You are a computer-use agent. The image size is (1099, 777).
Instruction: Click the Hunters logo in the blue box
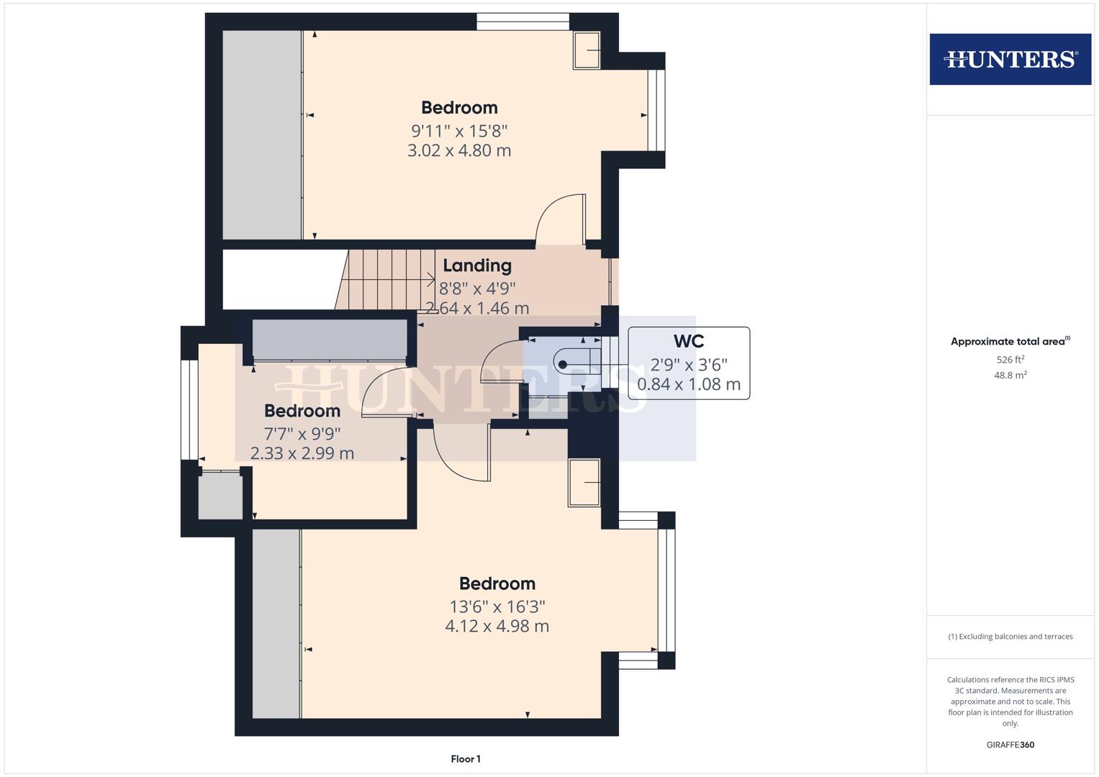(x=1010, y=59)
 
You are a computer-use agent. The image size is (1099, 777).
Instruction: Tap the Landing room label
(x=477, y=265)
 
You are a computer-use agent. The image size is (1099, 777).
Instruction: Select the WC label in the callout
(x=689, y=341)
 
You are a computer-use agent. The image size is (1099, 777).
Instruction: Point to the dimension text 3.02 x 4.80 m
(x=459, y=150)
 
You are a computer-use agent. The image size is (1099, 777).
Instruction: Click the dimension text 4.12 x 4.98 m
(x=497, y=626)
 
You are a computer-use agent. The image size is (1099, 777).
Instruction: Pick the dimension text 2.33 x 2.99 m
(x=302, y=453)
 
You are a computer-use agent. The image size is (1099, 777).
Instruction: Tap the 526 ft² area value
(x=1010, y=360)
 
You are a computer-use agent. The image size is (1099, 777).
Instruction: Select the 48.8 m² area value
(x=1010, y=376)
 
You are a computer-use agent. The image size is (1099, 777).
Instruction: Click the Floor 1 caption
(x=466, y=759)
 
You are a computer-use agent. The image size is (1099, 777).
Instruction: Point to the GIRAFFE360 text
(x=1010, y=745)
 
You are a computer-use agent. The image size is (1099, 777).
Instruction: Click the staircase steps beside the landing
(x=386, y=280)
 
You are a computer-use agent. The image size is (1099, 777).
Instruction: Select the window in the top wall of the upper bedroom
(x=523, y=22)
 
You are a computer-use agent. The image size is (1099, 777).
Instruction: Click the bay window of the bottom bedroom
(x=666, y=591)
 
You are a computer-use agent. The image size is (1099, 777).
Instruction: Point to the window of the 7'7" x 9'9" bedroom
(x=189, y=410)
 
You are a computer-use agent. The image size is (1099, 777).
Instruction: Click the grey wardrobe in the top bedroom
(x=263, y=135)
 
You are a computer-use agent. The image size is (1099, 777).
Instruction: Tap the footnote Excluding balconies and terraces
(x=1010, y=637)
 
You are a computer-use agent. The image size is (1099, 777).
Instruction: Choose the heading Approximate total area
(x=1010, y=342)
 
